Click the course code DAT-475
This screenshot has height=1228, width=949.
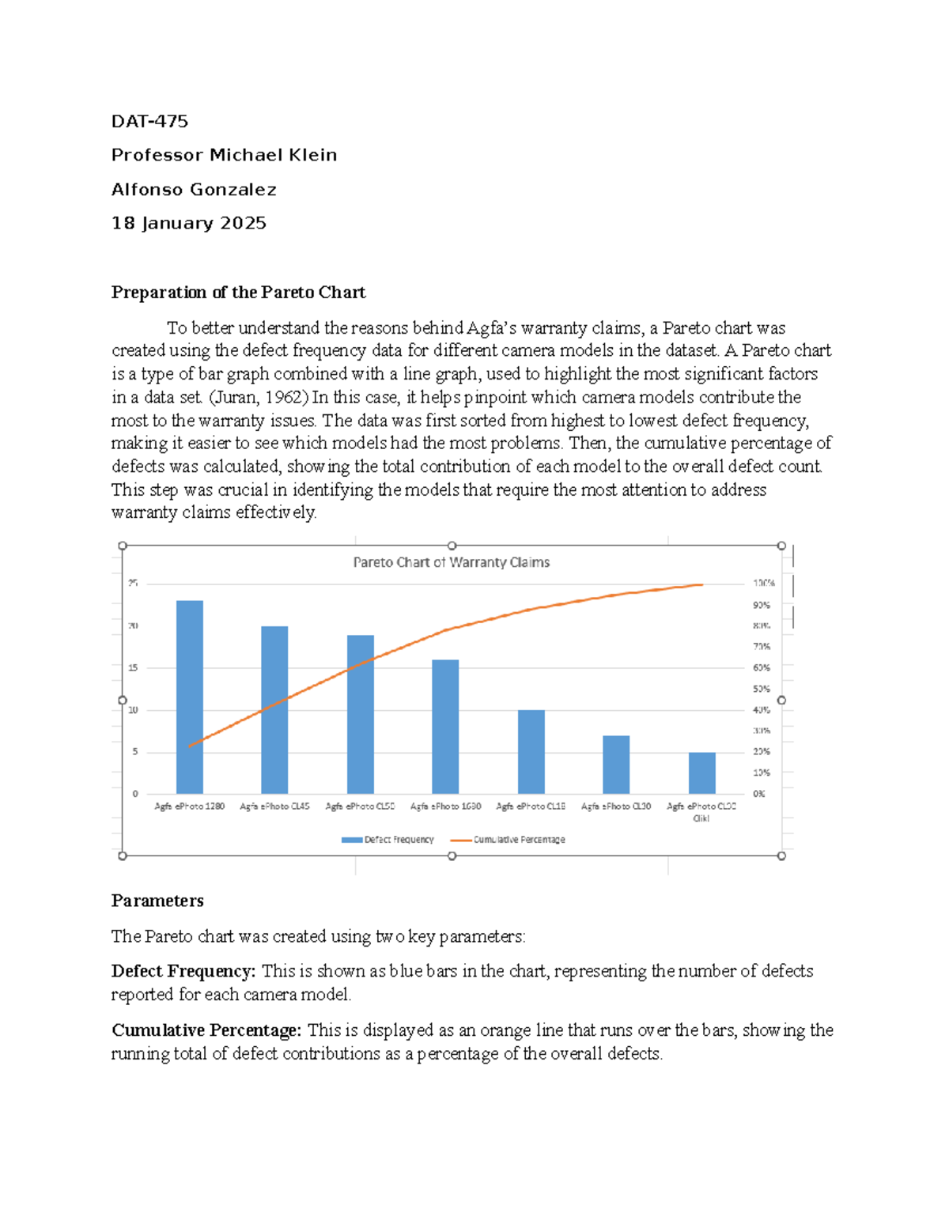point(149,121)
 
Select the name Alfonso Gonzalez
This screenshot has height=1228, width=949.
point(194,189)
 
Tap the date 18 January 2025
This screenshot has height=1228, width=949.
point(188,223)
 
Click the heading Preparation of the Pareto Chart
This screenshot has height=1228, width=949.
point(238,292)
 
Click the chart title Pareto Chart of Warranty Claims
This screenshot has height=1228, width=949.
point(451,562)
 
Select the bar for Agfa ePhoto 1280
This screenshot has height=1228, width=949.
point(189,697)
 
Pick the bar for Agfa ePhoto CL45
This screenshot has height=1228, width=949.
point(274,709)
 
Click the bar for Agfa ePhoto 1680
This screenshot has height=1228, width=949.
point(445,727)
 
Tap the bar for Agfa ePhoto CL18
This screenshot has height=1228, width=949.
point(531,752)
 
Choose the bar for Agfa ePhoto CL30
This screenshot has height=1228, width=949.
point(616,765)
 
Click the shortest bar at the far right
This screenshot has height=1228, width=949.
point(701,773)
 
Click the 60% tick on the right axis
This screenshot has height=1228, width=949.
point(762,667)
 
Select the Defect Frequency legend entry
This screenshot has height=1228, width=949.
point(388,840)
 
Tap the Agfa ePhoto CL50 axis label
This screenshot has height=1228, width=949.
point(360,807)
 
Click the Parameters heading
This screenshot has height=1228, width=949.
point(157,901)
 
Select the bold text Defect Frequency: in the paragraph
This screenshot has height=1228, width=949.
point(183,971)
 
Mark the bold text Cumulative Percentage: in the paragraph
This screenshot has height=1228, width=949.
point(206,1030)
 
